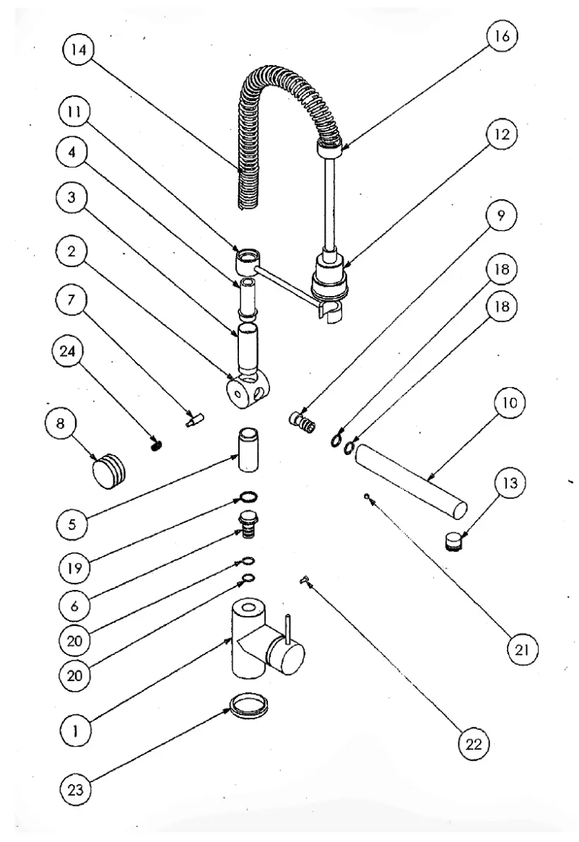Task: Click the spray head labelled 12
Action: pos(331,276)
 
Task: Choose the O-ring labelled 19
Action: pos(247,497)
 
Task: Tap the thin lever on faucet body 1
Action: pos(288,625)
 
